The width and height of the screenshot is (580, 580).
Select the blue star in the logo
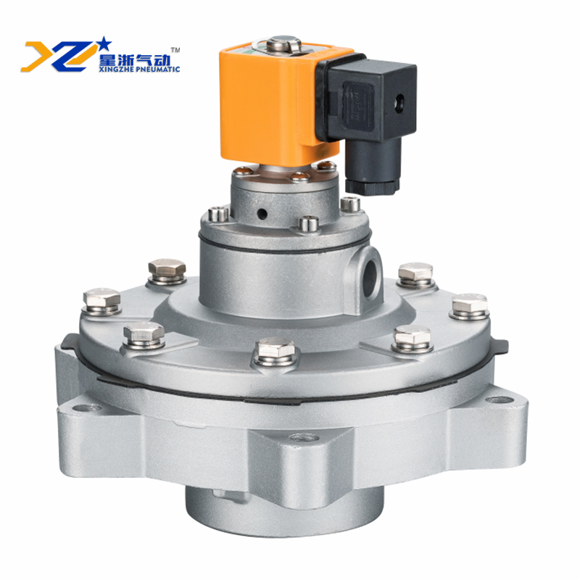(104, 43)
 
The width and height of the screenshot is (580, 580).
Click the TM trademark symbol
(175, 49)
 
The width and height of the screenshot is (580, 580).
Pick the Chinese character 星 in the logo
(107, 59)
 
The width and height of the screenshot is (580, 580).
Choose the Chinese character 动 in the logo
(161, 59)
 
